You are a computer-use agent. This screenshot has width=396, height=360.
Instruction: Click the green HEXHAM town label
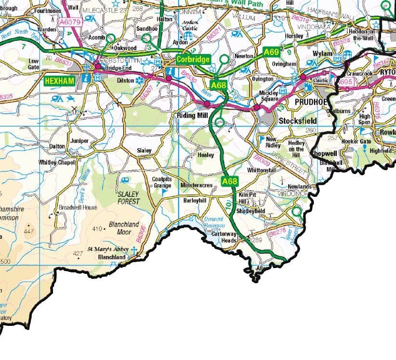[x=60, y=81]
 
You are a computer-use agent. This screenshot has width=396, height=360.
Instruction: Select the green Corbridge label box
[x=193, y=59]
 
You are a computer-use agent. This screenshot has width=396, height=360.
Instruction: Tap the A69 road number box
[x=271, y=51]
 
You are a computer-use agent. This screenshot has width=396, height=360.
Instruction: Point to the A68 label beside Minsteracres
[x=230, y=181]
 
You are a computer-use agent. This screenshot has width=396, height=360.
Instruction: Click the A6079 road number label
[x=70, y=22]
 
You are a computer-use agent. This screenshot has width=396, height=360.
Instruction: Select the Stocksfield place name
[x=297, y=120]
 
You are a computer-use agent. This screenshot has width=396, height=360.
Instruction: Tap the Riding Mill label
[x=192, y=116]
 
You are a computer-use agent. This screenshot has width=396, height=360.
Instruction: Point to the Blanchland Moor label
[x=124, y=228]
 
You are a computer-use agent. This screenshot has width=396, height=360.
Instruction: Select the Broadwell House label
[x=78, y=207]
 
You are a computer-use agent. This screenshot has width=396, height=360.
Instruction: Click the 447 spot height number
[x=29, y=232]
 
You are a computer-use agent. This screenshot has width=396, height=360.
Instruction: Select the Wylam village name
[x=322, y=54]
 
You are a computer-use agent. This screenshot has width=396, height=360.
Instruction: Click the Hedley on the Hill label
[x=296, y=148]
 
